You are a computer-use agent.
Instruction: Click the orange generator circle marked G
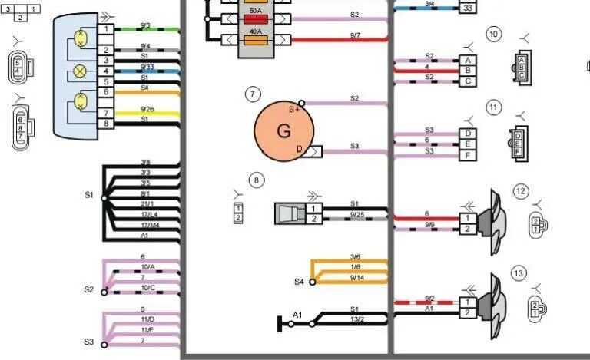(x=283, y=130)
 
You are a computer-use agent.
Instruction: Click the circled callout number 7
(x=253, y=94)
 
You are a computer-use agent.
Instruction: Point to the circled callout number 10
(x=493, y=34)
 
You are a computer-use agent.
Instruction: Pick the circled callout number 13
(x=519, y=273)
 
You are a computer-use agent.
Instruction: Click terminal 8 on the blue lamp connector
(x=106, y=124)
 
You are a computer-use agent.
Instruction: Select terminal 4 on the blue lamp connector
(x=106, y=71)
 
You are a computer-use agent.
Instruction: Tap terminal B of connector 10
(x=467, y=71)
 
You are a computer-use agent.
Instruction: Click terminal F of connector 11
(x=467, y=156)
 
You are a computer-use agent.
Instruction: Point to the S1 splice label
(x=89, y=195)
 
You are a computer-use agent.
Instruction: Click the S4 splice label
(x=300, y=282)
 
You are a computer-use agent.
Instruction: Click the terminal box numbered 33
(x=467, y=8)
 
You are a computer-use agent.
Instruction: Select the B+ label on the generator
(x=293, y=110)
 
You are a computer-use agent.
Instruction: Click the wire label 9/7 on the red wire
(x=355, y=35)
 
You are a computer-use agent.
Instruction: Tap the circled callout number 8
(x=257, y=180)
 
